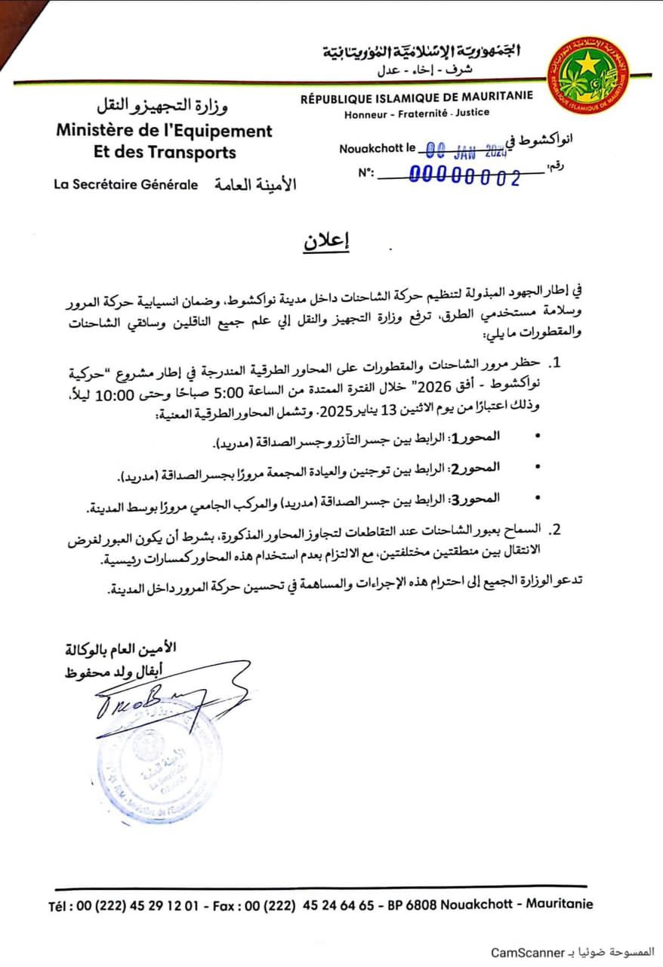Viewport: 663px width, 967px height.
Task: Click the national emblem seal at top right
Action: pos(588,76)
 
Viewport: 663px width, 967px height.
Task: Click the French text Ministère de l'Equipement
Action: pos(164,130)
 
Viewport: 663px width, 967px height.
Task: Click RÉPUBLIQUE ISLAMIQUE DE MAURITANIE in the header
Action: pos(416,96)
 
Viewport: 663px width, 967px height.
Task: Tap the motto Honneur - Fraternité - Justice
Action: pos(416,113)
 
